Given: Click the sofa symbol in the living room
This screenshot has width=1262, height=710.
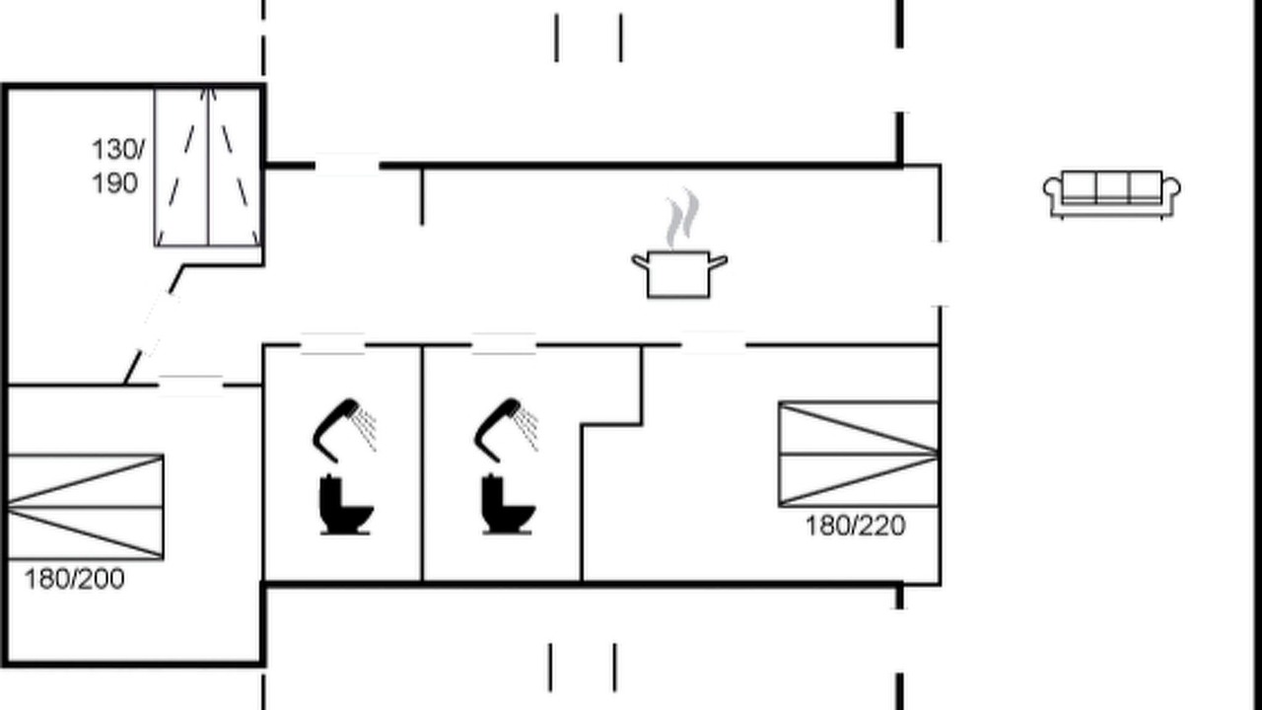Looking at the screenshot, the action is point(1111,194).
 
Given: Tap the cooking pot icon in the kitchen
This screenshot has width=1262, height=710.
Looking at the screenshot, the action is point(679,274).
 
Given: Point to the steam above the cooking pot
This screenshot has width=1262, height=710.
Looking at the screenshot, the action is point(683,219).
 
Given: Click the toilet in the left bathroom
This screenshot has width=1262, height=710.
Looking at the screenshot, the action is point(345,504).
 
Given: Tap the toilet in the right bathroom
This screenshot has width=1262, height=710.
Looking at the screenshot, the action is point(507,504).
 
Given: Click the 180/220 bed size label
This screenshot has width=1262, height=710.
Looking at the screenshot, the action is point(855,527).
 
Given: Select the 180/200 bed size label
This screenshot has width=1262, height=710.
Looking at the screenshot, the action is point(74,579).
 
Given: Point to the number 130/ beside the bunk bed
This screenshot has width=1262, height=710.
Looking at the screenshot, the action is point(117,150).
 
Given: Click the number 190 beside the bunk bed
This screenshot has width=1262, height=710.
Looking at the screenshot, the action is point(115,183).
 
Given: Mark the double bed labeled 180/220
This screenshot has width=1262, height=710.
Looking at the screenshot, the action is point(859,455).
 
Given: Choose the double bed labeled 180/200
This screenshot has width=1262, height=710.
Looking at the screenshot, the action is point(85,507).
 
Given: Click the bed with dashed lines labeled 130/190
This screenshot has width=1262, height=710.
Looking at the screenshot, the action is point(208,167).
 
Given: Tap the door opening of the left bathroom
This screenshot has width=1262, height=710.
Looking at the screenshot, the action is point(333,344).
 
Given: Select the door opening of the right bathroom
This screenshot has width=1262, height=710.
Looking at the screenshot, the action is point(504,344).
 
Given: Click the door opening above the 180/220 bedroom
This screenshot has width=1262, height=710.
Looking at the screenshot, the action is point(713,343).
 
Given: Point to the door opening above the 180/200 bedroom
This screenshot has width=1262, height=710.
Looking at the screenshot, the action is point(191,386).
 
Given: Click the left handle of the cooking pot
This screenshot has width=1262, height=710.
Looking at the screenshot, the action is point(641,262).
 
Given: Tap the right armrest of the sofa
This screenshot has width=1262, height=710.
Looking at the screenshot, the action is point(1172,187).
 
